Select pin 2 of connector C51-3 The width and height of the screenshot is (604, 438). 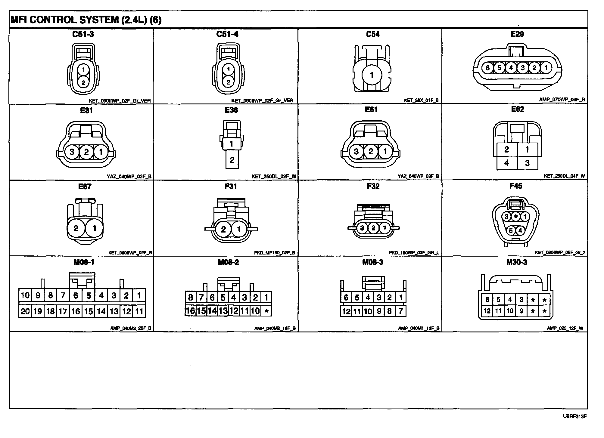tap(83, 82)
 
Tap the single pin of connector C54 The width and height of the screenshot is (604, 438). tap(372, 75)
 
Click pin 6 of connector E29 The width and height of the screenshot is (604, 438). tap(487, 68)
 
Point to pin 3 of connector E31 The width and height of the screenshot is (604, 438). tap(72, 152)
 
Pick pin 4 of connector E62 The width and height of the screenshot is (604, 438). tap(506, 163)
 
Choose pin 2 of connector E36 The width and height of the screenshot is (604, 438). tap(232, 160)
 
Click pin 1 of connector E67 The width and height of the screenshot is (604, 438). tap(95, 228)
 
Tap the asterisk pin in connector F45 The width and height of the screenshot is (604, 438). tap(516, 216)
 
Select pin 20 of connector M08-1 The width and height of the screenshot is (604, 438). tap(25, 311)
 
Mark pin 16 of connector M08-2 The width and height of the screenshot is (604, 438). tap(190, 310)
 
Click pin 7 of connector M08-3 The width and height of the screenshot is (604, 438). tap(400, 311)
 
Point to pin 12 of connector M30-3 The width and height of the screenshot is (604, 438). tap(487, 311)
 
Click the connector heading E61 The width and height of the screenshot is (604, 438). tap(371, 110)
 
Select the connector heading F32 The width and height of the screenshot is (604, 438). tap(373, 186)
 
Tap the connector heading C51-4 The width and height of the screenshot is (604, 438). tap(227, 34)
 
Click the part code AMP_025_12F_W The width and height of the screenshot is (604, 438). tap(565, 328)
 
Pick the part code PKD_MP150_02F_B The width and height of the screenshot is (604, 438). tap(275, 253)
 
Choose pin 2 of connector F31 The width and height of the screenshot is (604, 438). tap(223, 230)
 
